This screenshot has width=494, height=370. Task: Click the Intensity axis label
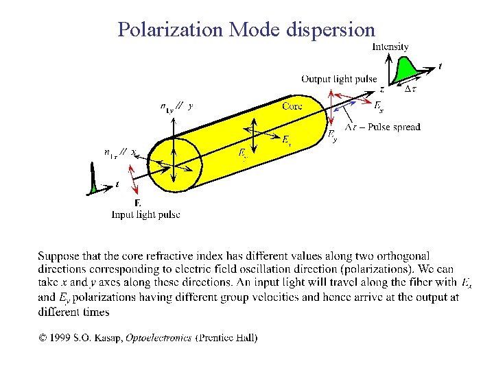pyautogui.click(x=390, y=47)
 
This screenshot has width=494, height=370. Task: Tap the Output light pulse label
pyautogui.click(x=339, y=79)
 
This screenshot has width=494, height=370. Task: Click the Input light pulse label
pyautogui.click(x=146, y=214)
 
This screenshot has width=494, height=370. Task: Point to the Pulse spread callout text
pyautogui.click(x=383, y=127)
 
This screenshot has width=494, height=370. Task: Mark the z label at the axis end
pyautogui.click(x=382, y=88)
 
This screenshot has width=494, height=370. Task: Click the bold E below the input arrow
pyautogui.click(x=138, y=203)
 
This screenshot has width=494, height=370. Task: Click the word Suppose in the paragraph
pyautogui.click(x=58, y=256)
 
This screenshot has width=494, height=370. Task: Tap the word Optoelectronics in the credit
pyautogui.click(x=162, y=337)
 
